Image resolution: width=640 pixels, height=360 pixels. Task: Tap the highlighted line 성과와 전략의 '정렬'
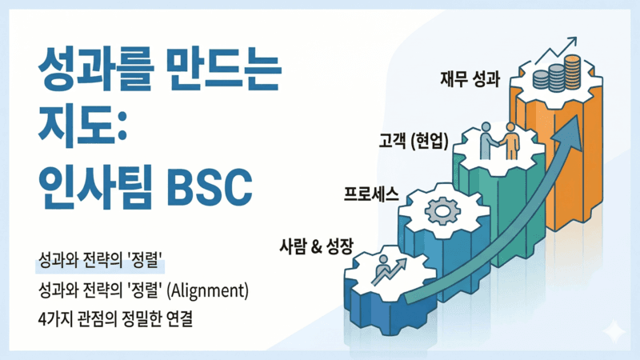pos(101,262)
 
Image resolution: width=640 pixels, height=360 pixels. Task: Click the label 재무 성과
pos(470,79)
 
